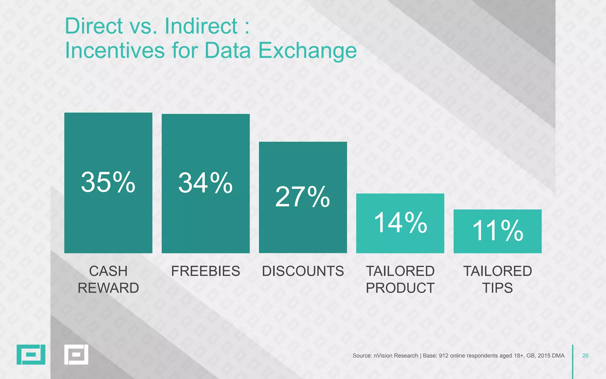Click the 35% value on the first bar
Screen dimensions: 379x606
click(x=108, y=182)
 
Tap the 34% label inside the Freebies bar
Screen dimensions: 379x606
click(x=205, y=183)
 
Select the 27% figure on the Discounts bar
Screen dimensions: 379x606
click(x=302, y=197)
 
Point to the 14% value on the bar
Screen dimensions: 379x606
click(x=400, y=223)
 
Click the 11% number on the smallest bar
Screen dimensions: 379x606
click(x=497, y=231)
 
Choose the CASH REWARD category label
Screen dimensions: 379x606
click(x=108, y=280)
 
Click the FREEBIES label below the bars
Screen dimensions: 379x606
click(x=205, y=271)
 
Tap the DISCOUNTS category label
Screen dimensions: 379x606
click(x=303, y=271)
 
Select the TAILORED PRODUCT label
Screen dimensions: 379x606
click(x=400, y=280)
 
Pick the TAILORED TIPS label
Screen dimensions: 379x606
click(x=497, y=280)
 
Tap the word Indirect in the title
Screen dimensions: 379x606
click(x=201, y=26)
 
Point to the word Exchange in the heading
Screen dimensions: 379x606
click(x=307, y=51)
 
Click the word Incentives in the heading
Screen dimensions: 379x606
click(x=115, y=51)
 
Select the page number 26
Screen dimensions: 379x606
click(x=585, y=356)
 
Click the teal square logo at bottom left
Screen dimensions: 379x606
click(x=31, y=354)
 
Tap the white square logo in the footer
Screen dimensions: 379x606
click(x=76, y=354)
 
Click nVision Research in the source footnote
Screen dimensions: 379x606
click(x=396, y=356)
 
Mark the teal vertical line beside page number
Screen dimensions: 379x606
click(x=573, y=361)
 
